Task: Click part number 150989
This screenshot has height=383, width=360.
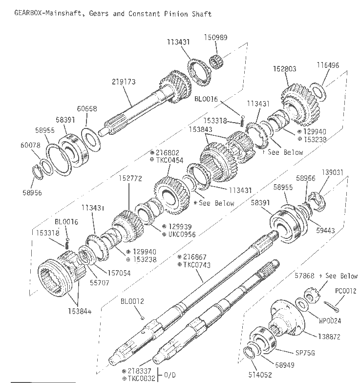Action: coord(216,37)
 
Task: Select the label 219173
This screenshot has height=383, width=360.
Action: coord(124,82)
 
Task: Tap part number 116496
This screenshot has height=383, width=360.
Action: coord(328,65)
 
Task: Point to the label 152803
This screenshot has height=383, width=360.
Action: coord(284,69)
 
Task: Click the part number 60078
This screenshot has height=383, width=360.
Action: coord(30,145)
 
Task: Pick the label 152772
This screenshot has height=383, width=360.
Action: coord(130,178)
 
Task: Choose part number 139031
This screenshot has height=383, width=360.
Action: coord(332,172)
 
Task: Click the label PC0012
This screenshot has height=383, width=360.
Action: coord(346,291)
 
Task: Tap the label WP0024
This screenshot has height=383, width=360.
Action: coord(330,320)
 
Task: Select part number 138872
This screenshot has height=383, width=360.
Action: coord(329,337)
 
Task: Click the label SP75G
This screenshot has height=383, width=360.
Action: coord(305,353)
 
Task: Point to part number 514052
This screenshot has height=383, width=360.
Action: coord(260,375)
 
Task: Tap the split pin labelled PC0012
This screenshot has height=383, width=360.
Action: coord(331,307)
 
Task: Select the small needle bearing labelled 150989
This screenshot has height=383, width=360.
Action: coord(216,62)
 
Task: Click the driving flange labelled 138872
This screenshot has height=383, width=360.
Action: coord(287,319)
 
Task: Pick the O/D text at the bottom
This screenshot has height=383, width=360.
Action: coord(170,375)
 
